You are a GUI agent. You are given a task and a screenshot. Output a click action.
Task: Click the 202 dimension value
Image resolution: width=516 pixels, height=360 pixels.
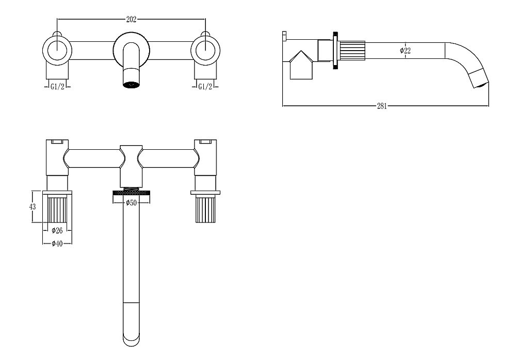[131, 20]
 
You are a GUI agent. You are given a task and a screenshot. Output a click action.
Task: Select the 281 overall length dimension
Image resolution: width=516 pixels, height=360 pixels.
[382, 106]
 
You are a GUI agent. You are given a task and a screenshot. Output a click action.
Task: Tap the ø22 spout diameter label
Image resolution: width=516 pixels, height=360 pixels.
[405, 51]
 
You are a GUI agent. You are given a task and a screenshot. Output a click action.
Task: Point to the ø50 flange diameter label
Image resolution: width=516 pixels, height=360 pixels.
[131, 203]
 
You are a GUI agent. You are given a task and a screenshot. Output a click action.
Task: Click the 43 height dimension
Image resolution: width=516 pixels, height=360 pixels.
[32, 207]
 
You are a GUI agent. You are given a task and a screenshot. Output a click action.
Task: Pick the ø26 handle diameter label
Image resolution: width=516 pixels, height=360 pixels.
[57, 230]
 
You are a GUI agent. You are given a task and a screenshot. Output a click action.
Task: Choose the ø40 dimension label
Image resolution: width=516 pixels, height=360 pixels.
[57, 243]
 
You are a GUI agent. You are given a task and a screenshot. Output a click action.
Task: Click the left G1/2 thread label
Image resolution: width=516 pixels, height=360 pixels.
[57, 86]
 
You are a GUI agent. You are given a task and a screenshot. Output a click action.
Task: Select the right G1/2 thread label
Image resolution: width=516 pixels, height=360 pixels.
[205, 86]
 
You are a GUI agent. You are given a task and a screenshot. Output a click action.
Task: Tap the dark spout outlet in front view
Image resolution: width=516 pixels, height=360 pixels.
[131, 85]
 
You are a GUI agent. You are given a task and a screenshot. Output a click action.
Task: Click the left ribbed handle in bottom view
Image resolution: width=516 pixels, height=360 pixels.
[57, 209]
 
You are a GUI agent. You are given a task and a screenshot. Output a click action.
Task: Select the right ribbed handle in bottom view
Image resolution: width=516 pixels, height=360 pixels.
[205, 209]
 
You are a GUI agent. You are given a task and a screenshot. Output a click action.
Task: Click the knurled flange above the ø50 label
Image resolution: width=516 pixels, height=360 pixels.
[131, 192]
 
